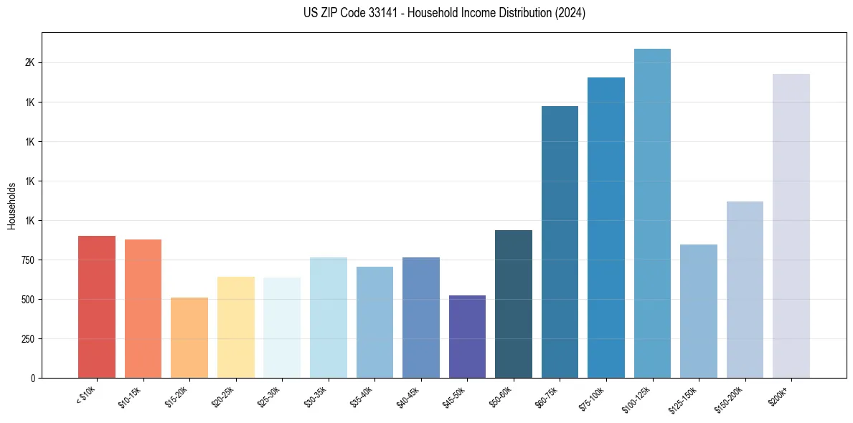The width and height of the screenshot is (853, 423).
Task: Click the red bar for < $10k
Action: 97,307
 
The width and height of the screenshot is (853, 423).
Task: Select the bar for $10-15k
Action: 143,308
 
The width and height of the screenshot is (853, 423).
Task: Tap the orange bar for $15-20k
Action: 189,338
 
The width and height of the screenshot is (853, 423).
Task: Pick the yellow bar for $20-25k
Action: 236,327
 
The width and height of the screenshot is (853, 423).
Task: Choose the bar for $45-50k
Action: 467,336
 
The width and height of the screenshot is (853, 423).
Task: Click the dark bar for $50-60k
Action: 514,304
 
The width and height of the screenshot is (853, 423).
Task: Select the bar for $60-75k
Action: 560,242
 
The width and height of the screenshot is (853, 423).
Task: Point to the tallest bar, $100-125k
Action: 652,213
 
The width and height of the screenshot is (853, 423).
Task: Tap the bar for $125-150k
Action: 699,311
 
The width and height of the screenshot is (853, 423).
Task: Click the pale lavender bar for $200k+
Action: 791,226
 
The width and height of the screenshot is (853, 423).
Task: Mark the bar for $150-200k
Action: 745,290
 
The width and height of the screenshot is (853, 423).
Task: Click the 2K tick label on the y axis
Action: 29,63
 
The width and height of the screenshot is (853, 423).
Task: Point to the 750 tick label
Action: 27,260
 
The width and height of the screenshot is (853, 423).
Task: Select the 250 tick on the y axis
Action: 27,339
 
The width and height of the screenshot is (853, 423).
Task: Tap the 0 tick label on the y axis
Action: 32,378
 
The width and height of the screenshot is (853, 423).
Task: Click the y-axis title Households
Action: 11,206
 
